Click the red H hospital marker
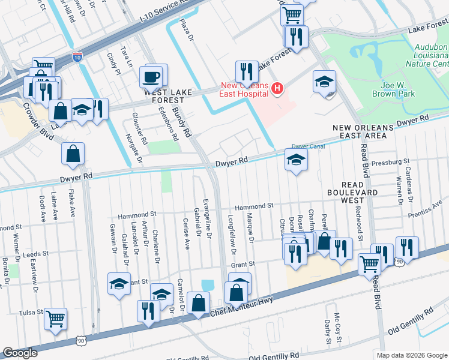coord(277,89)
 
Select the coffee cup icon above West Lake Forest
coord(150,77)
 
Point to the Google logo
coord(20,353)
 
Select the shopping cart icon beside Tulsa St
coord(55,319)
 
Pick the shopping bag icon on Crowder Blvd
coord(72,154)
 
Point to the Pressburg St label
coord(390,161)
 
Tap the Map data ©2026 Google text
coord(411,355)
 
